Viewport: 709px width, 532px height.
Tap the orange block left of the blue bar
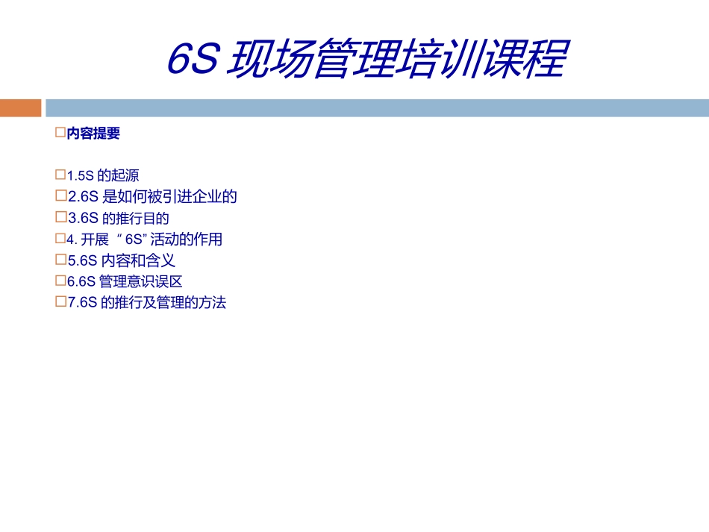tap(20, 108)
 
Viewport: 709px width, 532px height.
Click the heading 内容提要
tap(93, 134)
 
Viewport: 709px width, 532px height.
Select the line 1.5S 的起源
tap(103, 176)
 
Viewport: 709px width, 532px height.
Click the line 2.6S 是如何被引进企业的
tap(152, 197)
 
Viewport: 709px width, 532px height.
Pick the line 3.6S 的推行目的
tap(119, 219)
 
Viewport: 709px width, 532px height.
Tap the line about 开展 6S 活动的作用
tap(145, 240)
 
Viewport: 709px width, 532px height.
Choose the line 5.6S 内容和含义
tap(122, 261)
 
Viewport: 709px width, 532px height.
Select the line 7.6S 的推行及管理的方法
tap(146, 304)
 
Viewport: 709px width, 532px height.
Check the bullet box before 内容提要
tap(61, 134)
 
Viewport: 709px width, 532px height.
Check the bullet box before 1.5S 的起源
tap(61, 175)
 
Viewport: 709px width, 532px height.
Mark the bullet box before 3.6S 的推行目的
tap(61, 218)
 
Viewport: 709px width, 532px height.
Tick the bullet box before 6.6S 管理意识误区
tap(61, 281)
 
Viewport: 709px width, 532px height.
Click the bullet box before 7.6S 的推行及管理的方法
tap(61, 303)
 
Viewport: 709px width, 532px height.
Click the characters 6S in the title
tap(192, 60)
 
